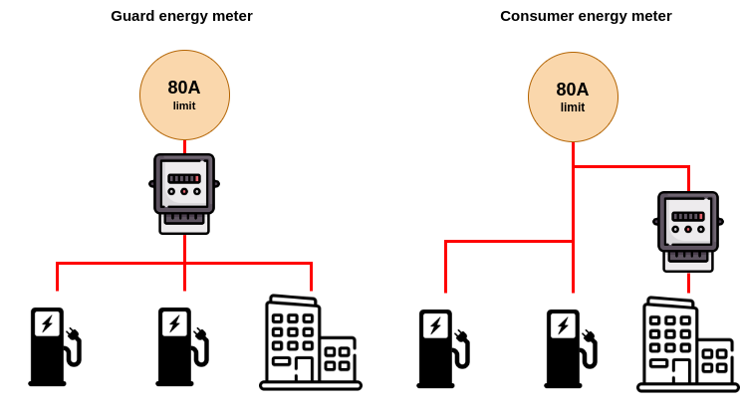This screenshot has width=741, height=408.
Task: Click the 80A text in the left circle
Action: point(184,88)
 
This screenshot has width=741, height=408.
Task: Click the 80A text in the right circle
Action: point(573,90)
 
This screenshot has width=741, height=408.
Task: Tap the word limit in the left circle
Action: point(184,106)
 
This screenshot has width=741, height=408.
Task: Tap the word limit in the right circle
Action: point(573,108)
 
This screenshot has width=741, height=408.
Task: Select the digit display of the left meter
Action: point(184,179)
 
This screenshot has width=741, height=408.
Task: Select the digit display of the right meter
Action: point(688,216)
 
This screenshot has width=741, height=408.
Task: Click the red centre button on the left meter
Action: point(184,191)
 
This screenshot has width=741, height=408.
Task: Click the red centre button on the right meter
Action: point(688,229)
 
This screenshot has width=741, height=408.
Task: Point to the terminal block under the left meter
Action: point(184,219)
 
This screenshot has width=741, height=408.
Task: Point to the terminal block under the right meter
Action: point(688,257)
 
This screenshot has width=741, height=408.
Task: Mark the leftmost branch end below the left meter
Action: point(58,290)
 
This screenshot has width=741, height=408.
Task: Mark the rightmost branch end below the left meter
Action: point(311,290)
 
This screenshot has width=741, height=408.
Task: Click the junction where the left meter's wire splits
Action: point(184,263)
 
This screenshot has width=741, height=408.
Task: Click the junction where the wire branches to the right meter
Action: point(573,166)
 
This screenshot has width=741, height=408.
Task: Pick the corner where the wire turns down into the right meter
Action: point(688,166)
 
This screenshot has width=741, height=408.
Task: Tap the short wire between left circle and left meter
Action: point(184,147)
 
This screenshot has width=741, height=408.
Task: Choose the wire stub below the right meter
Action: point(688,283)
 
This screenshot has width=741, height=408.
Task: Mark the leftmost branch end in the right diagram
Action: point(445,292)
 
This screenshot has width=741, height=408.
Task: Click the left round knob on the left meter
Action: point(171,191)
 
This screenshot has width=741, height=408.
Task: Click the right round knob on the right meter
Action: point(701,229)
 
